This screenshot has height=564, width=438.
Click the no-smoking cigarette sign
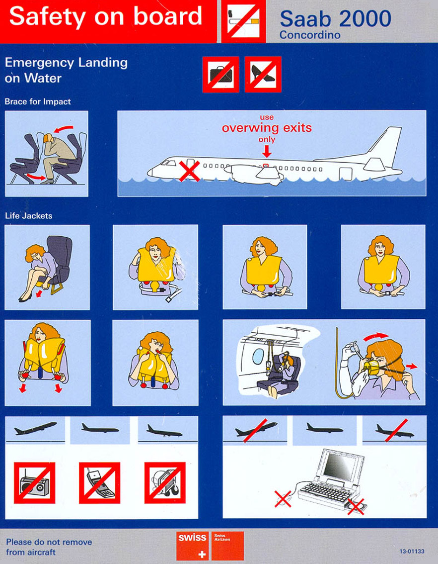tap(243, 21)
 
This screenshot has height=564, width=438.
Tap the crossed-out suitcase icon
tap(221, 75)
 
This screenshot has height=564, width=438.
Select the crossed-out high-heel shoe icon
tap(263, 75)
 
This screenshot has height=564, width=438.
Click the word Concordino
tap(310, 35)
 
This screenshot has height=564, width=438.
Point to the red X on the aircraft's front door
tap(189, 171)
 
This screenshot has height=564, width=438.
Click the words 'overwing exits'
tap(267, 128)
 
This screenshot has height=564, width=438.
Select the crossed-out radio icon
tap(34, 483)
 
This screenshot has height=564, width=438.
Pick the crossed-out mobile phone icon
tap(99, 483)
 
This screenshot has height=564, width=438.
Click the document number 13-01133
tap(412, 551)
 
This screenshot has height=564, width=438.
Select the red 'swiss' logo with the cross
tap(192, 545)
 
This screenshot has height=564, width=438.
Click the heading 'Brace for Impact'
tap(38, 101)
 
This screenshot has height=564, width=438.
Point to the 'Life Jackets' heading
tap(29, 216)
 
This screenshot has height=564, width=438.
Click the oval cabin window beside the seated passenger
tap(258, 356)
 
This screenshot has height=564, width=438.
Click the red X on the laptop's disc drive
tap(356, 506)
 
